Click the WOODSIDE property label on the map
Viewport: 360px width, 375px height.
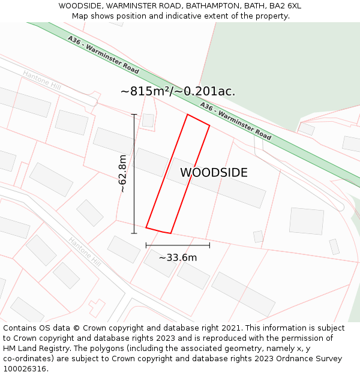[214, 173]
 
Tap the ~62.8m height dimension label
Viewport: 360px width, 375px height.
[123, 173]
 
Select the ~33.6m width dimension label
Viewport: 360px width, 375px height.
[178, 257]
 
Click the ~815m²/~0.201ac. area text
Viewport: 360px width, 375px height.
[178, 91]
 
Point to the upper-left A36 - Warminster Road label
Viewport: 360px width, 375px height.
[103, 55]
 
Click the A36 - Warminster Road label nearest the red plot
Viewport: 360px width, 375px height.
[235, 121]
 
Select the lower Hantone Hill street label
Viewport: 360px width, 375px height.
[83, 249]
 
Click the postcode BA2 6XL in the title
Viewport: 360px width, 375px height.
[285, 6]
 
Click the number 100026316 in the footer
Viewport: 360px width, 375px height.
[25, 369]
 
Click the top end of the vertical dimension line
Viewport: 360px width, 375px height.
[134, 115]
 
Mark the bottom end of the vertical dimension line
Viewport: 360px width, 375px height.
[134, 233]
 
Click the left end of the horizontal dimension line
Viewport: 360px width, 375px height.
[146, 245]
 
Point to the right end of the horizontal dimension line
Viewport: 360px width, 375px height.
[209, 245]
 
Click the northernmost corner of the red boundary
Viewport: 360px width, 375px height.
[188, 115]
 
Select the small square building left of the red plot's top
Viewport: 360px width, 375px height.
[148, 120]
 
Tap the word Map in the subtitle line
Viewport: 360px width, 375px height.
[81, 16]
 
